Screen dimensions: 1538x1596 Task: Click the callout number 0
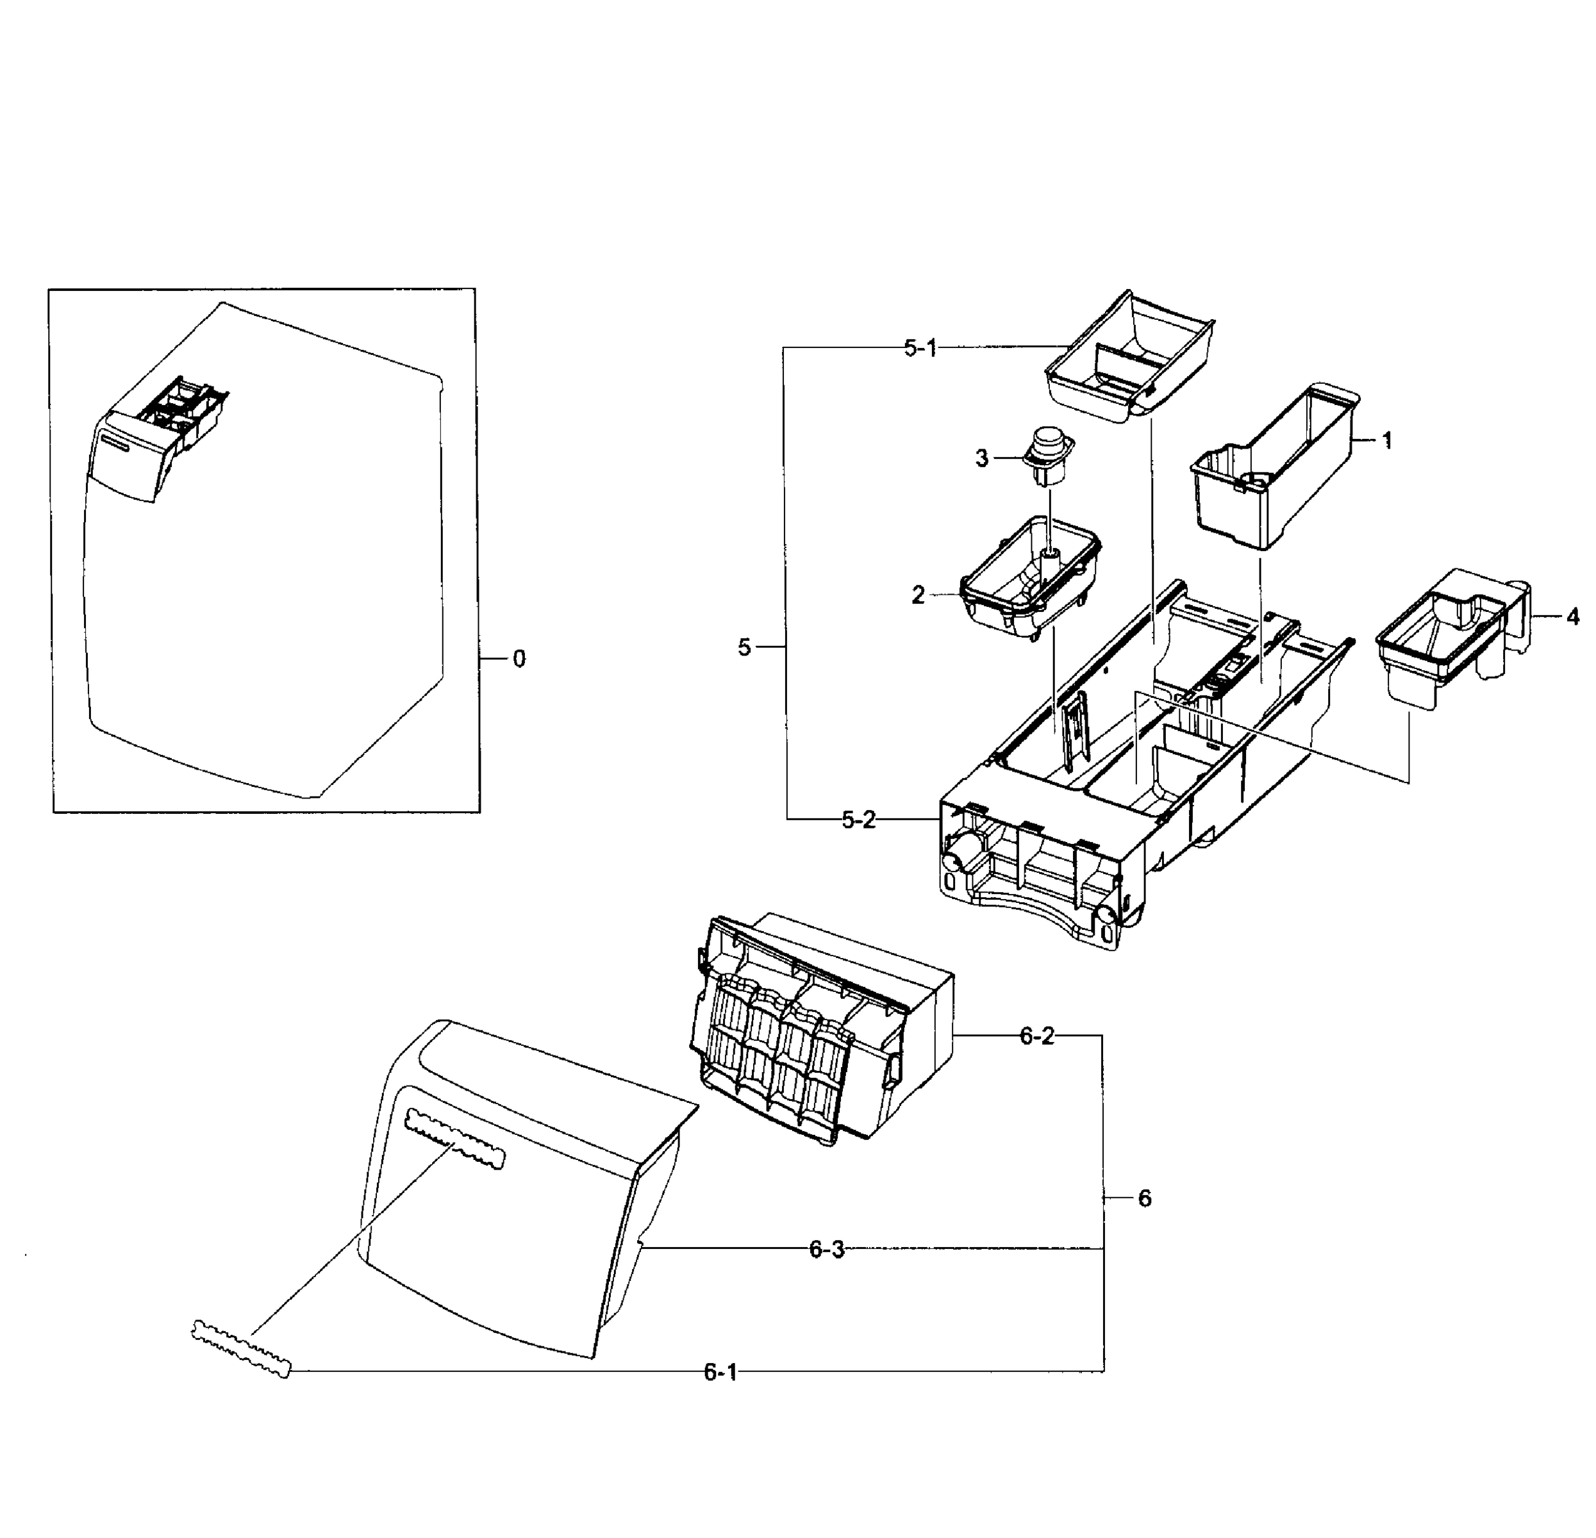[519, 659]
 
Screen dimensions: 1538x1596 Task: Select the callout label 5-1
[920, 349]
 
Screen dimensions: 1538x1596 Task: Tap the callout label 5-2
[858, 821]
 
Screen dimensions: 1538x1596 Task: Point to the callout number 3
[981, 459]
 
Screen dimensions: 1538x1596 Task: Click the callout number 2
[918, 596]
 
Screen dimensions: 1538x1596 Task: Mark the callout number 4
[1572, 617]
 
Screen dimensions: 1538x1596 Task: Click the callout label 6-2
[1036, 1036]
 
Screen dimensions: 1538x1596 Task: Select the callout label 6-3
[826, 1250]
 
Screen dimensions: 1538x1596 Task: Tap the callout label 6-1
[720, 1373]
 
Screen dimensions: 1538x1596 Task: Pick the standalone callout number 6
[1144, 1198]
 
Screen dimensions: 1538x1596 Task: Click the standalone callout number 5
[744, 648]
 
